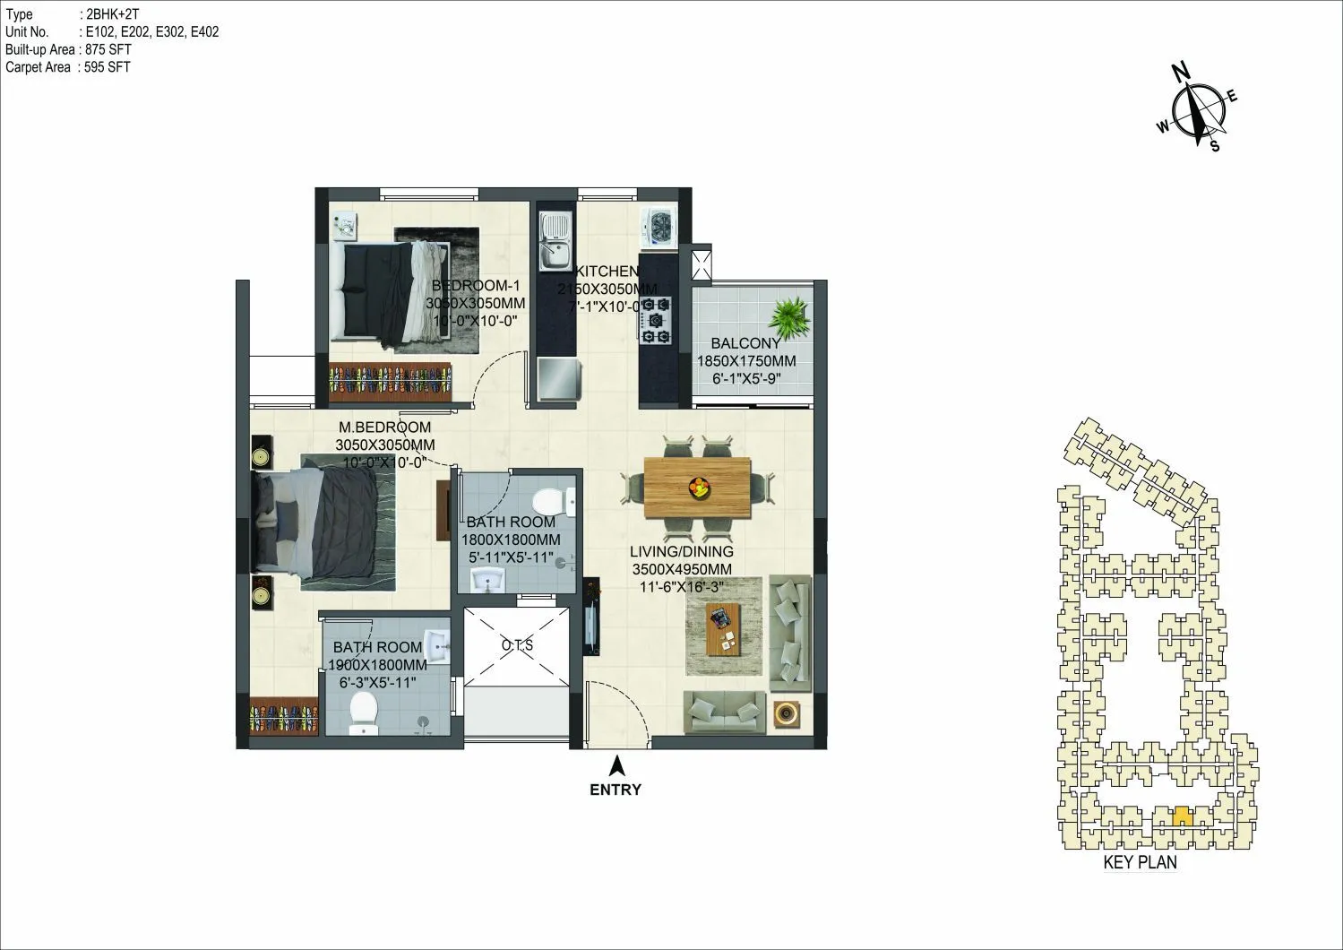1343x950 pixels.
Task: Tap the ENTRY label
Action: click(x=616, y=790)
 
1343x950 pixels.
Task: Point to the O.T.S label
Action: click(x=517, y=644)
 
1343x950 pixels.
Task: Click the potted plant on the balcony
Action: click(x=790, y=315)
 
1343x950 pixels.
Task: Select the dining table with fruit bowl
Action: click(x=697, y=486)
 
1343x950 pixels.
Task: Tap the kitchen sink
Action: click(x=555, y=242)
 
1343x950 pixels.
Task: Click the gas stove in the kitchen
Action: click(x=657, y=319)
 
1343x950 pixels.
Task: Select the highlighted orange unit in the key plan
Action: click(x=1181, y=816)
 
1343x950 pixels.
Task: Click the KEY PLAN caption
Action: click(x=1140, y=863)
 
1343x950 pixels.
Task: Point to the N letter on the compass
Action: click(x=1181, y=72)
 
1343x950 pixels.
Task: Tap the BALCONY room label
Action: click(x=745, y=343)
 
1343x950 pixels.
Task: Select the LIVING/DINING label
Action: click(x=681, y=551)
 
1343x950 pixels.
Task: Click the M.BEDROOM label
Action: click(x=384, y=427)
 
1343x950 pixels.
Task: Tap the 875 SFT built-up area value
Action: click(x=106, y=49)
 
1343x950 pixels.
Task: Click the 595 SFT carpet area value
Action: click(x=106, y=66)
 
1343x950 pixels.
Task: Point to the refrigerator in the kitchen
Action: click(x=559, y=378)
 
